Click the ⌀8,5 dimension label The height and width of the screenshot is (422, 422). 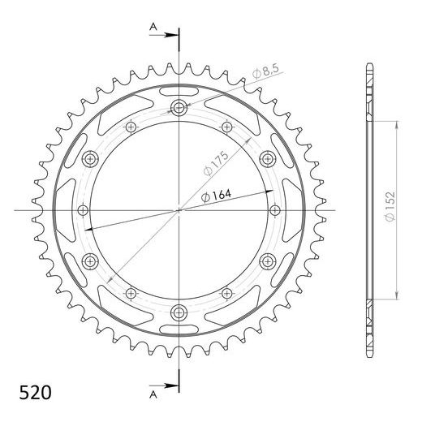265,71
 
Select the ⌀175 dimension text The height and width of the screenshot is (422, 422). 216,164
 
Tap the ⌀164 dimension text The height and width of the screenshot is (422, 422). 216,196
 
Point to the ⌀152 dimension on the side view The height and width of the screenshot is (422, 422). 390,207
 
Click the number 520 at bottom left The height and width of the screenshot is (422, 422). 35,393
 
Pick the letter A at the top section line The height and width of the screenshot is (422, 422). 153,27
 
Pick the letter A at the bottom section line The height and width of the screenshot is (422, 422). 153,395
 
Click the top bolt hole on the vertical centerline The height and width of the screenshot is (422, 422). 179,108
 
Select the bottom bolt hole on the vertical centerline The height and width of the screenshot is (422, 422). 179,312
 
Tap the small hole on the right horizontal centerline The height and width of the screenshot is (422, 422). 275,210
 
